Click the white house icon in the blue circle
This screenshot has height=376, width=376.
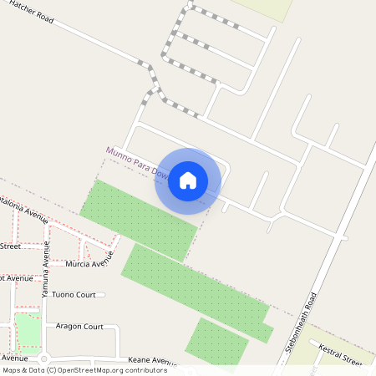point(188,180)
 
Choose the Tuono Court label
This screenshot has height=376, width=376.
point(74,295)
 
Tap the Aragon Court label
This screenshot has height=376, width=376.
point(79,326)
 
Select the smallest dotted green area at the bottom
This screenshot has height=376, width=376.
point(216,341)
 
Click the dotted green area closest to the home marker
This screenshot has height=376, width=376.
point(138,220)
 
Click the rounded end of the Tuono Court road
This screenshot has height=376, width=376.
point(103,295)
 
